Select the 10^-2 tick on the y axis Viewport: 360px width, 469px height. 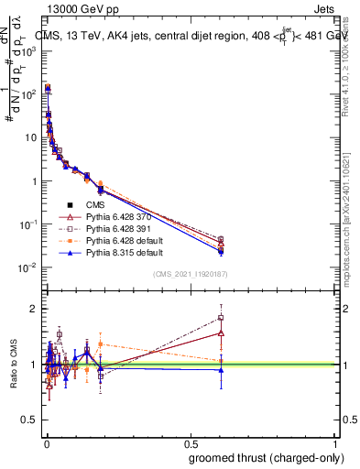click(31, 267)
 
